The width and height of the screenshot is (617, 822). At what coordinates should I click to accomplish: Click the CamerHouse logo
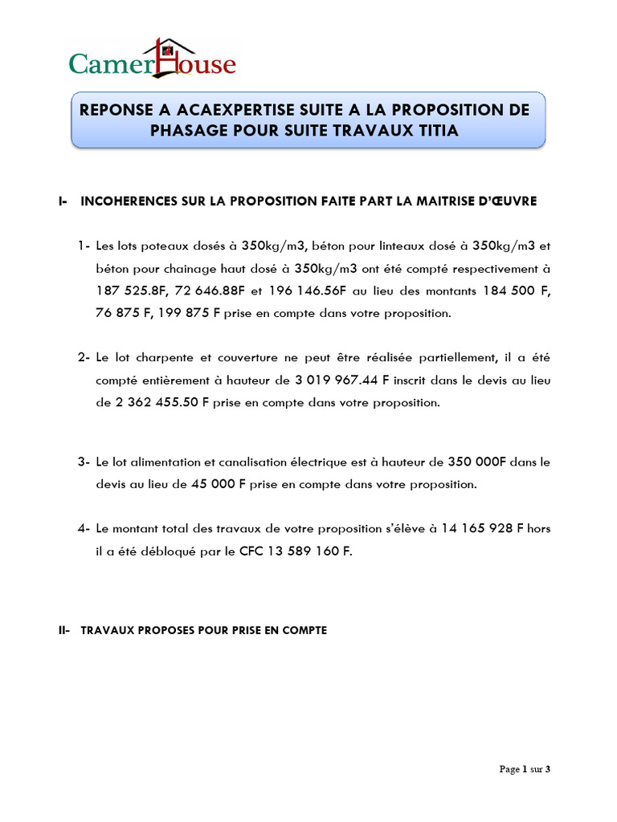click(x=153, y=59)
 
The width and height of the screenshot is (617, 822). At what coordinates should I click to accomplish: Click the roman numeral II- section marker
click(x=65, y=631)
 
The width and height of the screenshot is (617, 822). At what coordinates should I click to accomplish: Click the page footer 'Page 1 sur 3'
click(x=525, y=769)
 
